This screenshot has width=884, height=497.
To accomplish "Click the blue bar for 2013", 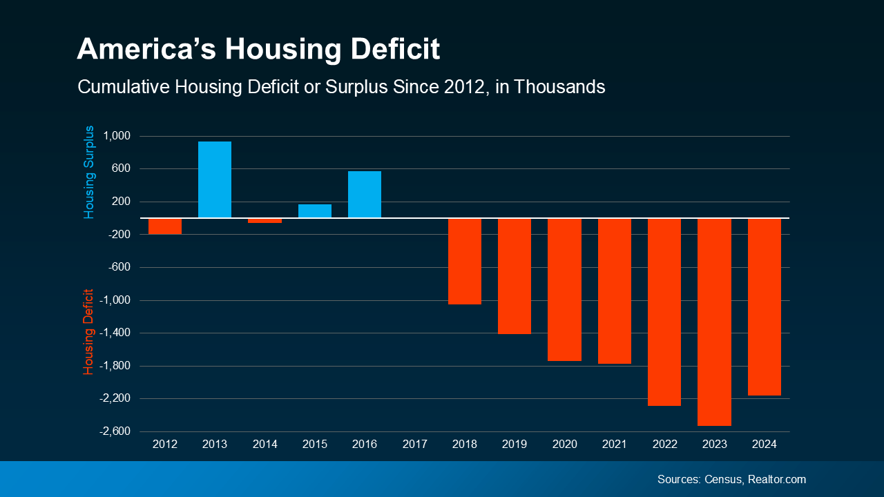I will click(215, 179).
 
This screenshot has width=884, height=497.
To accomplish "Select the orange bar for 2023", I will click(714, 322).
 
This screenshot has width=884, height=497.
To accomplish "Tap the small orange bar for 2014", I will click(265, 220).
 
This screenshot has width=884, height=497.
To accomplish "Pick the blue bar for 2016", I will click(365, 194).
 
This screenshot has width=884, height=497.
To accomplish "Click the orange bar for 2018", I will click(465, 261).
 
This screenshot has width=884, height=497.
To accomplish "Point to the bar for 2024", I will click(765, 306).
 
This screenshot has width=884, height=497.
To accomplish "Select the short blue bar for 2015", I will click(315, 211).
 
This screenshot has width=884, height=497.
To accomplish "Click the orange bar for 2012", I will click(165, 226).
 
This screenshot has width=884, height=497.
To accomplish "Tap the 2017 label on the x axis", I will click(414, 445).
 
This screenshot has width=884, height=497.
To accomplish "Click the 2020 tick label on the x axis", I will click(564, 445).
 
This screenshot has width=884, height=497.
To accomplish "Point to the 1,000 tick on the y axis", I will click(117, 136).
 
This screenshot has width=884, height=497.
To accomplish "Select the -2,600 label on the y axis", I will click(115, 431).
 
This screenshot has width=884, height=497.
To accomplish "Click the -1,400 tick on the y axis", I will click(115, 333).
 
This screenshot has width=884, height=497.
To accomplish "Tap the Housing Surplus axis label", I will click(88, 173).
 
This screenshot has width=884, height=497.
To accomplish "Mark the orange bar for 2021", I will click(614, 291).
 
